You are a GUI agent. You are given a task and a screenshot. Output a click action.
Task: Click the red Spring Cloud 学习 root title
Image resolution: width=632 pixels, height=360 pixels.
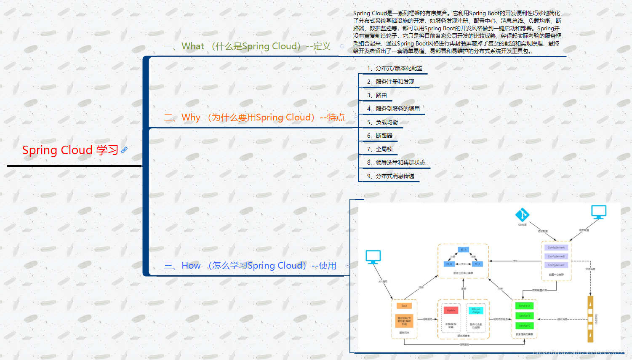click(x=70, y=150)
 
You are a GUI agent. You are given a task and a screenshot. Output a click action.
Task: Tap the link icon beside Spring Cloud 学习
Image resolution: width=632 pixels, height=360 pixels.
click(x=124, y=149)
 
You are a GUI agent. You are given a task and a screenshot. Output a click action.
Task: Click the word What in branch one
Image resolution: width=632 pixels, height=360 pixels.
click(x=193, y=46)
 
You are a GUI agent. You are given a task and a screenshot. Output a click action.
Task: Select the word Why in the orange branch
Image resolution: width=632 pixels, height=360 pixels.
click(x=191, y=117)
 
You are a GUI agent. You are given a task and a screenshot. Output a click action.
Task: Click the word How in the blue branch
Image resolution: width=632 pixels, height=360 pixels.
click(x=191, y=266)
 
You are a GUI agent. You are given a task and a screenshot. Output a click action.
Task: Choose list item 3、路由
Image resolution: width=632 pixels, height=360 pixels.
click(x=377, y=95)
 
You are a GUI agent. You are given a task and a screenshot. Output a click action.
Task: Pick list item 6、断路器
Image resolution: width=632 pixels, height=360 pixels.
click(x=380, y=136)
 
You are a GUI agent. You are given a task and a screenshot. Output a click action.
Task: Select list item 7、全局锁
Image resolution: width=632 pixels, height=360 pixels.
click(x=380, y=149)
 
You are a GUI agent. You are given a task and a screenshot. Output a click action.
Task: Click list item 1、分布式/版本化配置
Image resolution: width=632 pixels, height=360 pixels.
click(x=395, y=68)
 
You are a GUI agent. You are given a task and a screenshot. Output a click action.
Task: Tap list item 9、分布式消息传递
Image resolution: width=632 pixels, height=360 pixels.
click(x=391, y=176)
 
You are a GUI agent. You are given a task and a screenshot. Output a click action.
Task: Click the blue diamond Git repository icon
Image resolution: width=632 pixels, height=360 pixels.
click(x=522, y=215)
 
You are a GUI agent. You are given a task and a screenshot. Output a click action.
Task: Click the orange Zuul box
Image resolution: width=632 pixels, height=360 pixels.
click(x=404, y=306)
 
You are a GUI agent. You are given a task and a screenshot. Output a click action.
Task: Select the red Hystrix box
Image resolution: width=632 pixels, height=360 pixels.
click(x=451, y=310)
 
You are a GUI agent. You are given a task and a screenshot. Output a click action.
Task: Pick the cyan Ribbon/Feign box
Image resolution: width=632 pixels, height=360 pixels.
click(x=476, y=310)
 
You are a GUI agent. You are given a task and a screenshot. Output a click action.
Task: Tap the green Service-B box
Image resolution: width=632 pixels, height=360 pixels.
click(x=524, y=316)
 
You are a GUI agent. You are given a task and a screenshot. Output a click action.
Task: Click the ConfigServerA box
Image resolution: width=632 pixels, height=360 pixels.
click(x=556, y=248)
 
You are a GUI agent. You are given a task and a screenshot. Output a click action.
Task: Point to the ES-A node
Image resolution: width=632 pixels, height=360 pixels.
click(x=463, y=250)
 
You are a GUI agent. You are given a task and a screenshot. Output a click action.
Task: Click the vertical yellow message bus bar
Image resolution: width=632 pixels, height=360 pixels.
click(x=590, y=319)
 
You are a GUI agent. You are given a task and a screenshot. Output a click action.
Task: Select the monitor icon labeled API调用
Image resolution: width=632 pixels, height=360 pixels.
click(x=373, y=256)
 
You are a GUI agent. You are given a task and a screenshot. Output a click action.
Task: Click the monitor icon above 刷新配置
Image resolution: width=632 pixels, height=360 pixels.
click(x=598, y=211)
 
